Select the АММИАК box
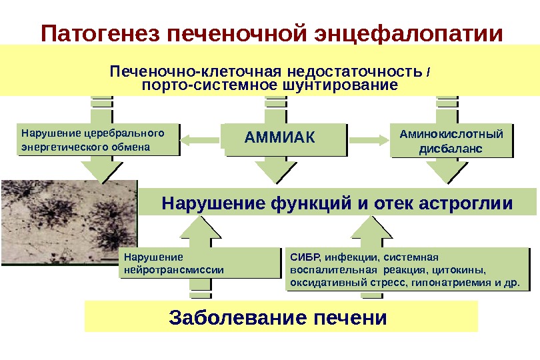coord(285,139)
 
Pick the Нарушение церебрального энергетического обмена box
coord(99,139)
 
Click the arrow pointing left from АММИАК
coord(201,139)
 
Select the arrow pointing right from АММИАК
coord(369,139)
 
